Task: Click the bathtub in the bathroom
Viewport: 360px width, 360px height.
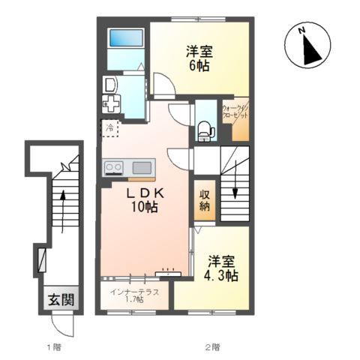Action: (x=127, y=38)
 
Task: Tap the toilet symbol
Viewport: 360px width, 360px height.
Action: (x=206, y=131)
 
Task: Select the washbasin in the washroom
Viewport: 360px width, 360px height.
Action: (x=110, y=85)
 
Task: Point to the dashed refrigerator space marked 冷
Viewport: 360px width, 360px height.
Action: (x=109, y=127)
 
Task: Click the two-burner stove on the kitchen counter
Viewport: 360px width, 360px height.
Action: (x=114, y=167)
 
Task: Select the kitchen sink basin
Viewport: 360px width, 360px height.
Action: (x=142, y=168)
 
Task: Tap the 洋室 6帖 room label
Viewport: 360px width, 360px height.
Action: (x=199, y=58)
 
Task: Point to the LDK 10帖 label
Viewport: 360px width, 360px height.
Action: (x=145, y=200)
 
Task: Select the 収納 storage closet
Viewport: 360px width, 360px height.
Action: (x=205, y=200)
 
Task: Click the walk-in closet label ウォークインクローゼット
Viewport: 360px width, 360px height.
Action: (x=235, y=112)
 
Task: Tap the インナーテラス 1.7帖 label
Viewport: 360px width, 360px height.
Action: (x=134, y=295)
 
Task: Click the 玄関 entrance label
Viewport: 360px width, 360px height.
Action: (x=61, y=299)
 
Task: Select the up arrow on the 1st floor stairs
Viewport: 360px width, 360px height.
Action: (x=63, y=211)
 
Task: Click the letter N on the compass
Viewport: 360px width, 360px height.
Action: (x=302, y=30)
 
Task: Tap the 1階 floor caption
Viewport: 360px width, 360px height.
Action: (x=54, y=347)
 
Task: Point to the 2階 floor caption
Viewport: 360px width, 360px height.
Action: (x=213, y=347)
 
